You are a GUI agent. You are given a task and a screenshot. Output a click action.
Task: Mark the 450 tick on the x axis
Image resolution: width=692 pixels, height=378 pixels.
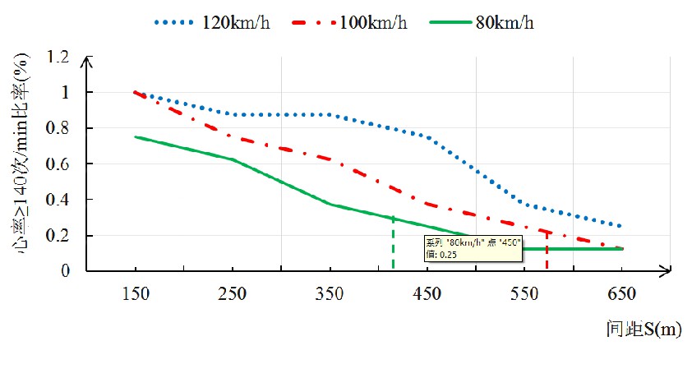(427, 294)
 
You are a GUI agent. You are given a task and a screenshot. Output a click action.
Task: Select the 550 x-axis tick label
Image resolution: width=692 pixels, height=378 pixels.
(524, 294)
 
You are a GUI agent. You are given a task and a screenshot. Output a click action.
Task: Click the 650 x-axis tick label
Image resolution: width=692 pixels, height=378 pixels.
(620, 294)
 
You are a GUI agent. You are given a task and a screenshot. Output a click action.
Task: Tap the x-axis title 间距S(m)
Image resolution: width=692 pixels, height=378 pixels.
(641, 330)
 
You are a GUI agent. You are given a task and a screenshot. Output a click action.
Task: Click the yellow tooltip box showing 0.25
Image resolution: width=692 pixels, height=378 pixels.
(473, 248)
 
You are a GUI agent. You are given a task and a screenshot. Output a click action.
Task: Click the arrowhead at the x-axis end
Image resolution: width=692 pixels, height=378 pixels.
(669, 270)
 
